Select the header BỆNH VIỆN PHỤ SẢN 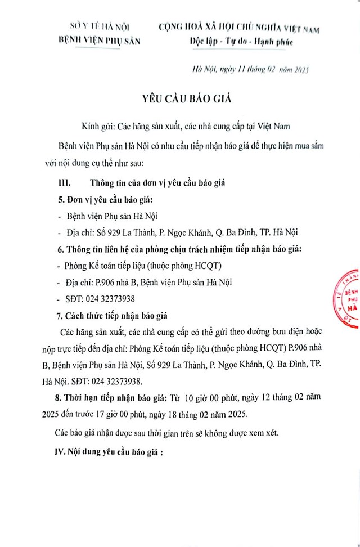click(x=99, y=40)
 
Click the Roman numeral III click(x=65, y=183)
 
